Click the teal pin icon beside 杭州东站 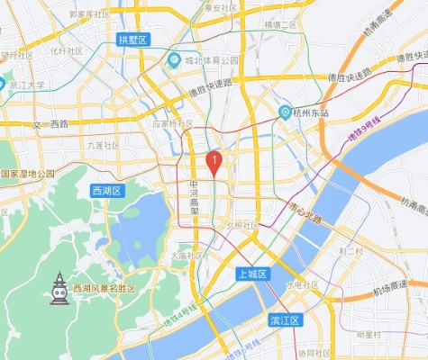285,112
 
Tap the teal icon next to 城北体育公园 174,61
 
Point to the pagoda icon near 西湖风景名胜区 59,289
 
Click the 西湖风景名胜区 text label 104,288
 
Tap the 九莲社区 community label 103,145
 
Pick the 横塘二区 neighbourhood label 280,25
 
